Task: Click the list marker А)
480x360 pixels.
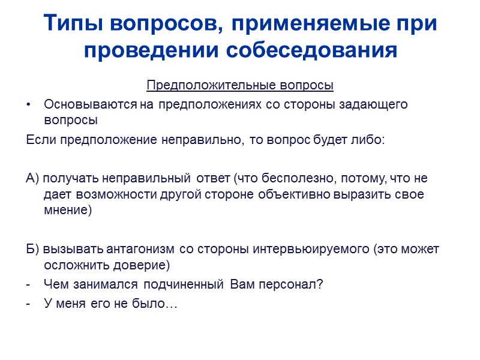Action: click(x=33, y=178)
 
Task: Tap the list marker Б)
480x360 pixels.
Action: click(x=33, y=248)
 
